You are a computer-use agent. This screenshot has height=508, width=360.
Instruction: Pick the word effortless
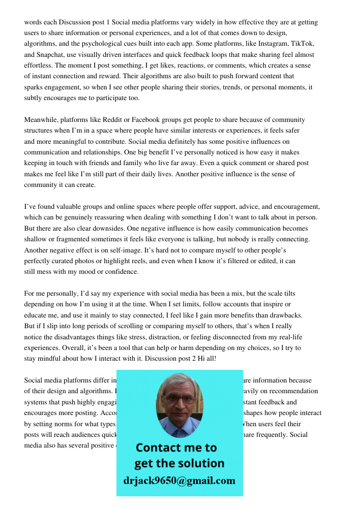[40, 66]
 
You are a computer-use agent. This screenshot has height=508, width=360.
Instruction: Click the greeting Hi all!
[208, 359]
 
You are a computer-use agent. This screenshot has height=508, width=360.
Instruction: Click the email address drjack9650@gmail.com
[179, 481]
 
